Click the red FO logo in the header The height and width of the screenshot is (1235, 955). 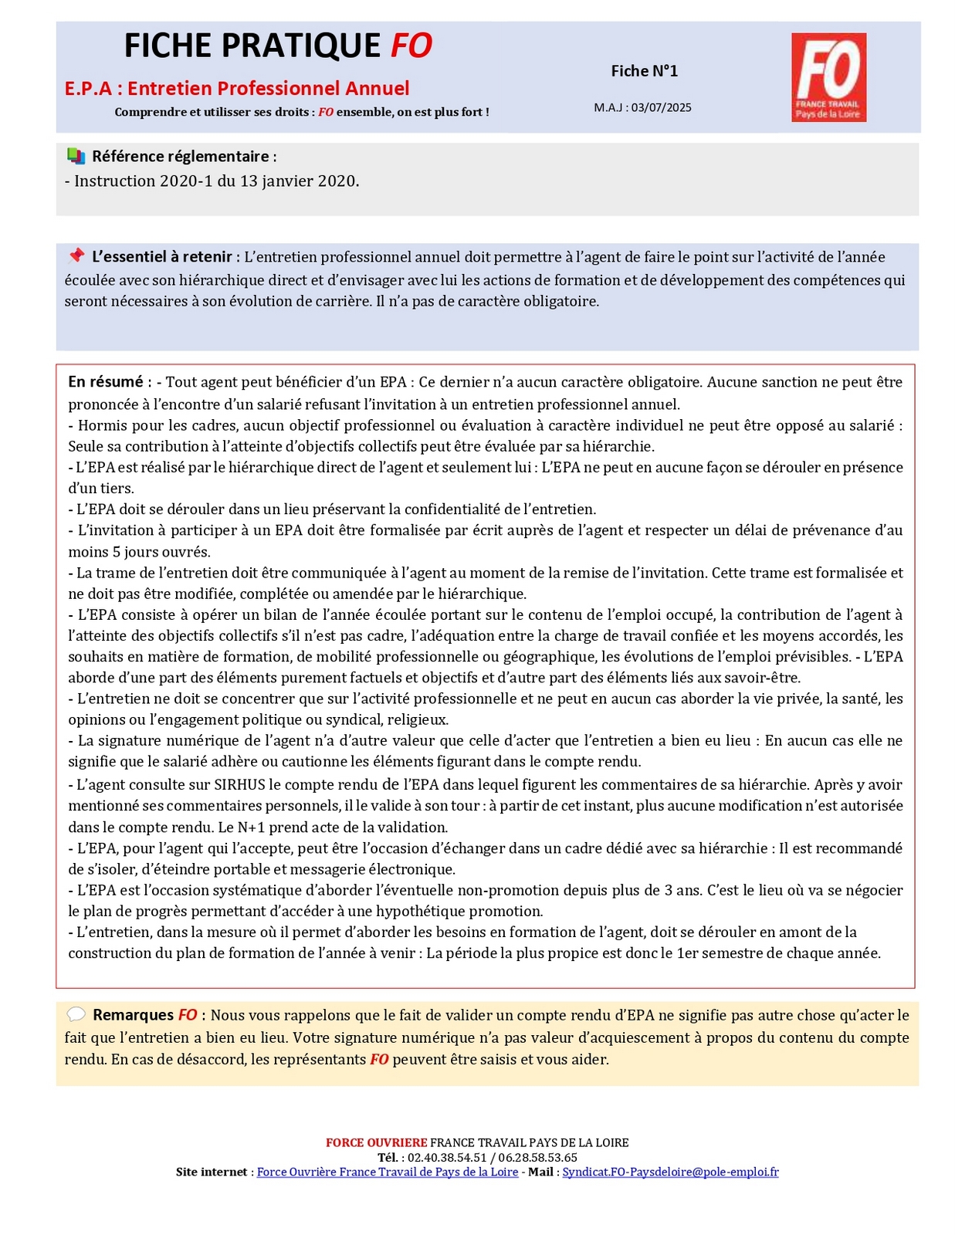click(828, 76)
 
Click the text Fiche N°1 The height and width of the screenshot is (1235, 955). click(644, 71)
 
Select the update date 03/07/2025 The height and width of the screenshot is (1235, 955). click(661, 107)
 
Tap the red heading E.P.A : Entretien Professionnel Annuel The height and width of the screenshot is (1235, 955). click(237, 88)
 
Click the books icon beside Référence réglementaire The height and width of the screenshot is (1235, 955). click(76, 156)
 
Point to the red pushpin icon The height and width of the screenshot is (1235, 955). click(76, 255)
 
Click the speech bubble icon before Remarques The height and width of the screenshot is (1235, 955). click(76, 1014)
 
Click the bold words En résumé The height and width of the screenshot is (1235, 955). click(106, 382)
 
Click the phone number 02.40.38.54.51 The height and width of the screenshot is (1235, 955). click(447, 1157)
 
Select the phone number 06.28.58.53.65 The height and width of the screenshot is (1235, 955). click(537, 1157)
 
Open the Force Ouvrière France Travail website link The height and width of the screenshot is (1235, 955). click(387, 1172)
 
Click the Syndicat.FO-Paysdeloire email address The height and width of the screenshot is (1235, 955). click(670, 1172)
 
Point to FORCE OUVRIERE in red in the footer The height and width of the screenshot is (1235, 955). click(376, 1142)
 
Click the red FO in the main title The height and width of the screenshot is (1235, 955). click(411, 46)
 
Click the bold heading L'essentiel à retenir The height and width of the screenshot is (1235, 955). click(161, 257)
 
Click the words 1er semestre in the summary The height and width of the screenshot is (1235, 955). click(716, 953)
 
